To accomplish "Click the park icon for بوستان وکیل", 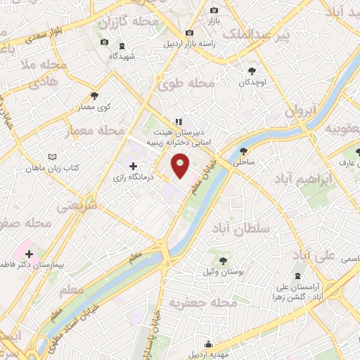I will pos(222,261).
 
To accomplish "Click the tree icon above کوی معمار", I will pos(95,96).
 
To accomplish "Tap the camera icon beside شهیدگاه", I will pos(105,42).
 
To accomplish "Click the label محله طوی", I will pos(186,84).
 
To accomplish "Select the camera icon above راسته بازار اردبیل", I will pos(188,32).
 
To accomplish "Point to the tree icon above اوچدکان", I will pos(252,70).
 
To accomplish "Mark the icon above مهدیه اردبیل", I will pos(209,344).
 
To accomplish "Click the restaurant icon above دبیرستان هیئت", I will pos(179,120).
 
